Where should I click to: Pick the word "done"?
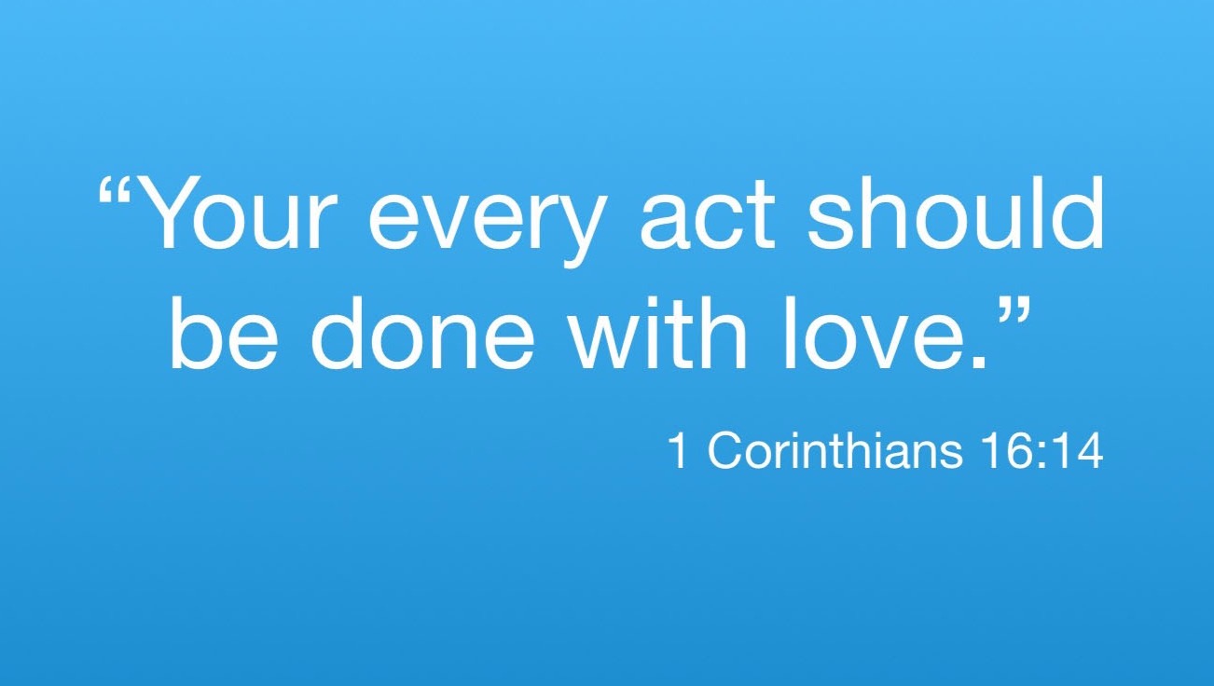click(x=421, y=333)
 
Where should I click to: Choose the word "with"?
click(x=656, y=333)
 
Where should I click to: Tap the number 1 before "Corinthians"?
click(x=679, y=450)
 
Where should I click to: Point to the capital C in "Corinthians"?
click(x=724, y=450)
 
